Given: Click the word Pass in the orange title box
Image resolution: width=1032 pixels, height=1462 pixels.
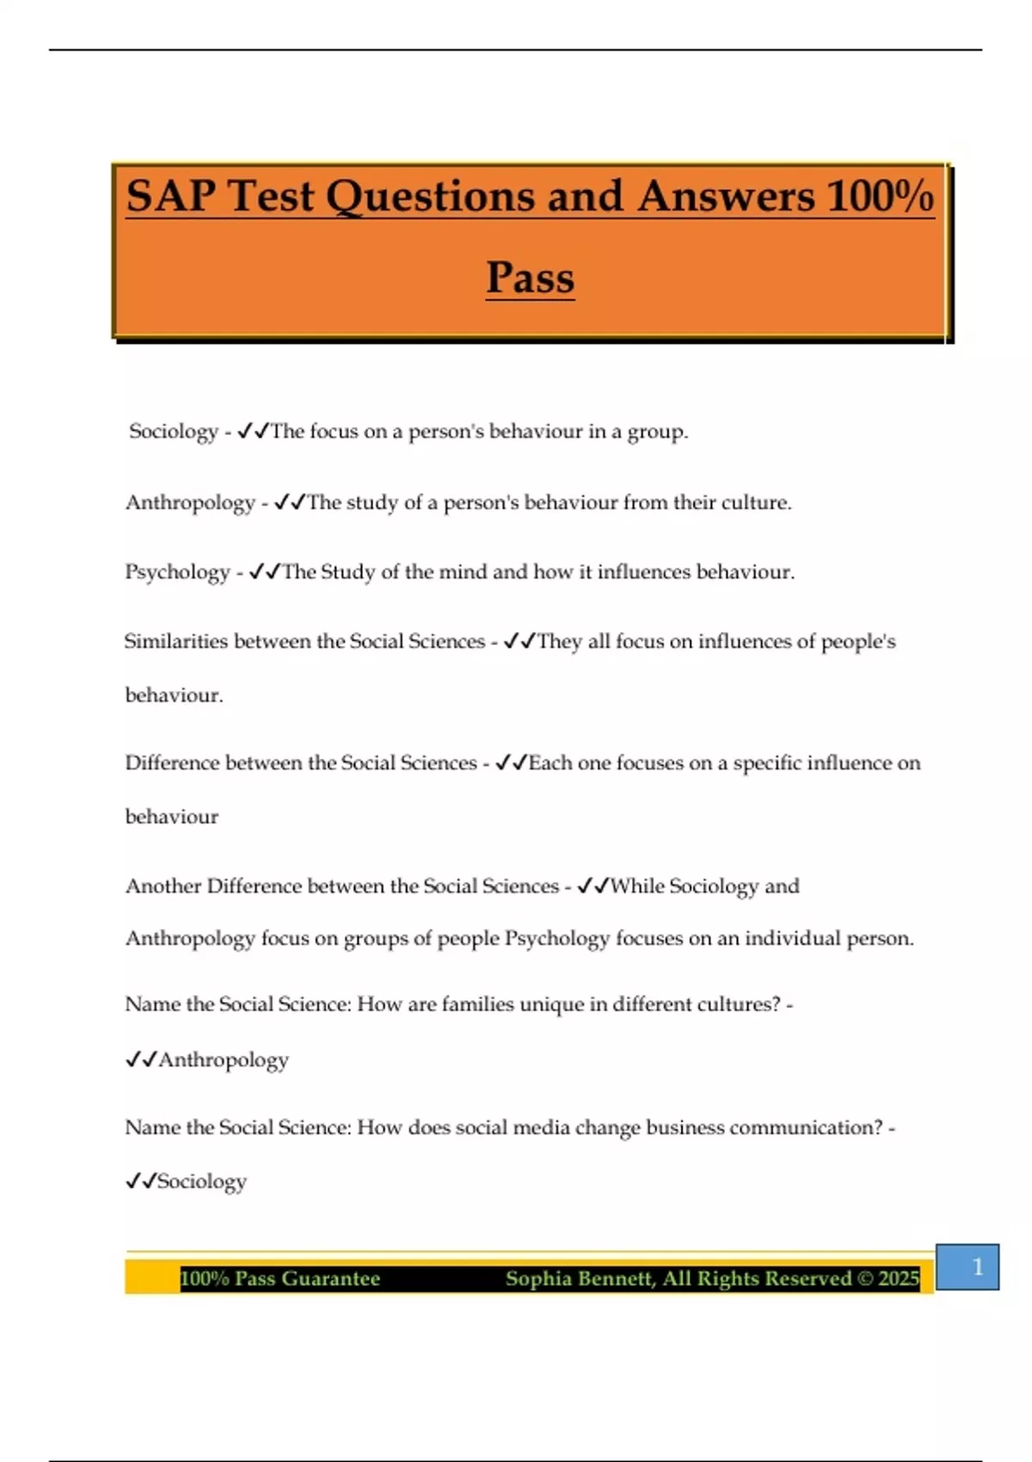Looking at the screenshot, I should (530, 278).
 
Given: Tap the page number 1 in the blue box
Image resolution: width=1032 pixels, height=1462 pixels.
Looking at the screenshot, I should (977, 1266).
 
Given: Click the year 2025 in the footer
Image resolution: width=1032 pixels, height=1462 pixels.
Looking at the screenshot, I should (899, 1279).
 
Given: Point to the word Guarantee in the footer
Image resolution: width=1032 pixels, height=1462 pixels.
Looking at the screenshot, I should (330, 1279).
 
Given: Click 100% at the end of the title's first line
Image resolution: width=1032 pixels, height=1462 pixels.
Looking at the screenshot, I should (880, 196).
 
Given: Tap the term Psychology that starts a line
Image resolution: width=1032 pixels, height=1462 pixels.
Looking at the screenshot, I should (177, 573).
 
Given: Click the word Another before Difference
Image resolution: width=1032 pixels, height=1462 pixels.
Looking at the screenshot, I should (163, 887).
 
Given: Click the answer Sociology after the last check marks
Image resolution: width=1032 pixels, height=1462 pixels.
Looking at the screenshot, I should (202, 1182).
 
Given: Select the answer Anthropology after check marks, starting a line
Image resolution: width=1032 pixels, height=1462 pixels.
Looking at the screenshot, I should (224, 1060).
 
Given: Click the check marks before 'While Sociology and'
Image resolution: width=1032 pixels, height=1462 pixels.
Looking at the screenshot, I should (593, 887).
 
